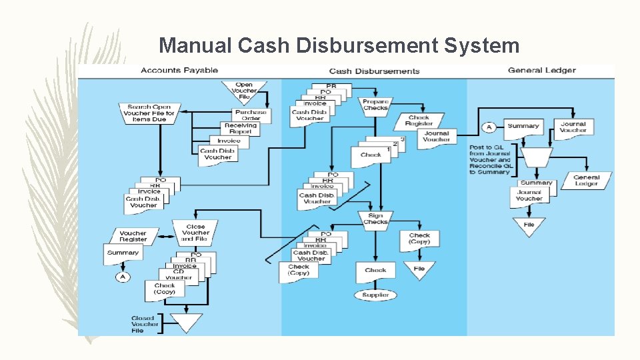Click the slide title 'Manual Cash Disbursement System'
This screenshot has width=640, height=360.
[x=339, y=45]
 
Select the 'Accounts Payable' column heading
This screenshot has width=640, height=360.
[x=179, y=71]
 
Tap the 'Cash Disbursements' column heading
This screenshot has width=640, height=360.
[x=374, y=71]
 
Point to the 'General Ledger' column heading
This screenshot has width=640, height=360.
[x=541, y=71]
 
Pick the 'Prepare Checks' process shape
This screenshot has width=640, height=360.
[x=375, y=105]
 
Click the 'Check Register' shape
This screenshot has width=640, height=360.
[x=419, y=121]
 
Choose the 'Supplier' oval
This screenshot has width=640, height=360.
[x=375, y=295]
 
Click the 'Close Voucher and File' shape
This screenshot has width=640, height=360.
[x=195, y=232]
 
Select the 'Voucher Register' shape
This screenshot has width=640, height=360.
[x=133, y=236]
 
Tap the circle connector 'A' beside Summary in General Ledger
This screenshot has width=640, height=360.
[x=489, y=127]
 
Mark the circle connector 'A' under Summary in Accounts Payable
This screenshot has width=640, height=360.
[x=122, y=277]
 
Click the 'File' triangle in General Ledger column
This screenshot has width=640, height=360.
[x=529, y=225]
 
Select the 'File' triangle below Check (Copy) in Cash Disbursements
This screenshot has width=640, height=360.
[x=419, y=269]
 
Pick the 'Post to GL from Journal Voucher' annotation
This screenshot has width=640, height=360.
[x=490, y=159]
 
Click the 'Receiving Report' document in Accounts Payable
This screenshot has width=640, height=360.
[x=240, y=129]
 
